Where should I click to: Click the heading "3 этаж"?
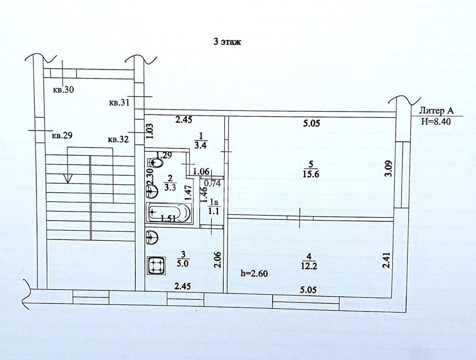227,42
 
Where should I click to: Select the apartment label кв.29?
62,135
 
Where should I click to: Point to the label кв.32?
119,139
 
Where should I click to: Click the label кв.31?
119,102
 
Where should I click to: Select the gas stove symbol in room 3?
156,265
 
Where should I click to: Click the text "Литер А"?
436,111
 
